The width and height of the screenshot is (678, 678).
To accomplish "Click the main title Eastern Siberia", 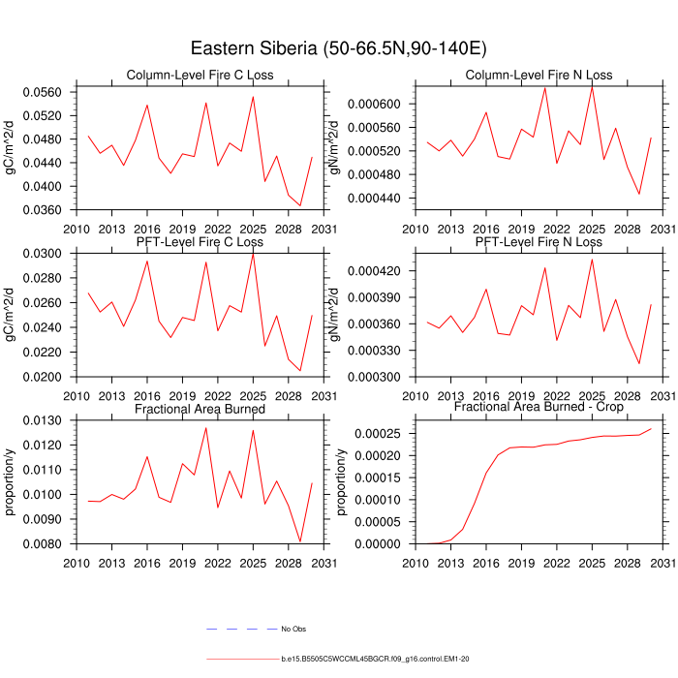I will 338,48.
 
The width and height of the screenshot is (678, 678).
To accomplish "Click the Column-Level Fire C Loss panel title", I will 200,76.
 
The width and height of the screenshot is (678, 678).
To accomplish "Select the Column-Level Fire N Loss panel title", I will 539,76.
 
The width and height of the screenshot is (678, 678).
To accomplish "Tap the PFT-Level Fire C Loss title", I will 200,242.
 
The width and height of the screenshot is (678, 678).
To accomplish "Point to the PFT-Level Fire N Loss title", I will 539,242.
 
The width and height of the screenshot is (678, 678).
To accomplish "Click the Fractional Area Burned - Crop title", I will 539,409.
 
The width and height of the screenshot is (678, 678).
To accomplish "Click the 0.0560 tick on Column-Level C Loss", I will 55,93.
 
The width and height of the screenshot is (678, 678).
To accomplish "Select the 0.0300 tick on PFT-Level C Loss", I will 55,254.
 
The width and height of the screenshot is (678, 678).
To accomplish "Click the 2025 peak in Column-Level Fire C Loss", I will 253,96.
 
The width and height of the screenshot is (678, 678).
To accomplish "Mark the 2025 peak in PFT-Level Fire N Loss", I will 592,259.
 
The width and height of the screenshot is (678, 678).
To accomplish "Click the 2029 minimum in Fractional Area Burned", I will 300,541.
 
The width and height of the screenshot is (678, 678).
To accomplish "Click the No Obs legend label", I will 293,630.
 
